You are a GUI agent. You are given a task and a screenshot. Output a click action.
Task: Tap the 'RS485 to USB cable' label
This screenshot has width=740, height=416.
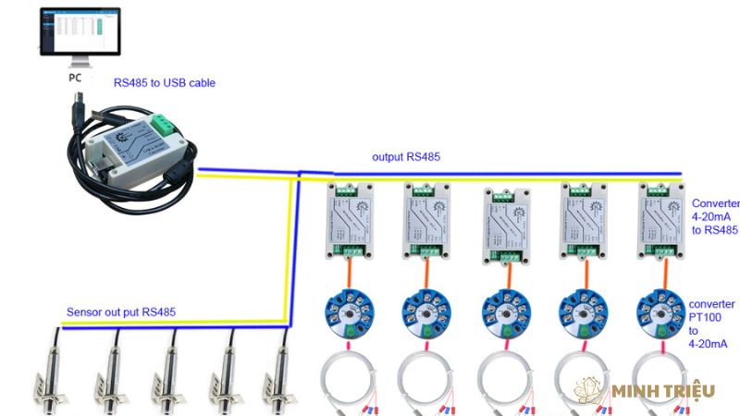[x=165, y=82]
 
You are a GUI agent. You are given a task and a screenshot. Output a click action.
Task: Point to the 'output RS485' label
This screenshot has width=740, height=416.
[x=406, y=156]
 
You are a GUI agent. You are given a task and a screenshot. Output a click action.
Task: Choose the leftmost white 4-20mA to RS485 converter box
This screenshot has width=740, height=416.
[x=346, y=220]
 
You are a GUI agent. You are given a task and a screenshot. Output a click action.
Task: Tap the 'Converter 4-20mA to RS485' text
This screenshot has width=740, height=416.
[x=714, y=217]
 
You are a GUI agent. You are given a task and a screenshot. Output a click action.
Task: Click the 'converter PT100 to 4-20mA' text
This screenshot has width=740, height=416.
[x=712, y=324]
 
